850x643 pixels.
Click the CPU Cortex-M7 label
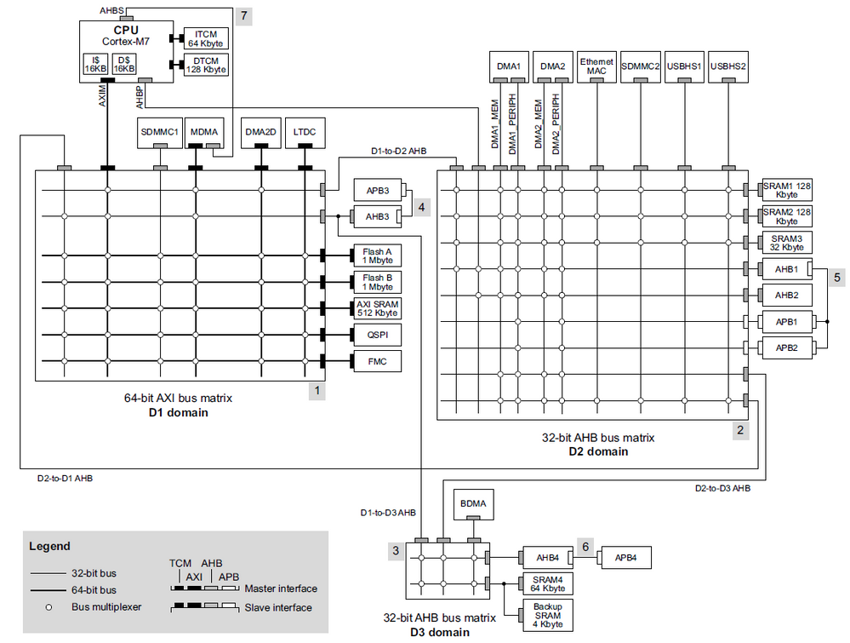pos(125,36)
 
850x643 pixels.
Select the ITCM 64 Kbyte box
pos(204,38)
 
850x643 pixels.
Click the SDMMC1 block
pos(159,132)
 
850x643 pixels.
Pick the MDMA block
pos(204,132)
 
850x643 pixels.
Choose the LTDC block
pos(304,132)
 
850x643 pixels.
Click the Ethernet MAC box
pos(596,66)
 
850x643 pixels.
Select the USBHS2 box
pos(727,66)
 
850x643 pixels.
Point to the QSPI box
pos(376,335)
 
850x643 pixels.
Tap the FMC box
pos(376,361)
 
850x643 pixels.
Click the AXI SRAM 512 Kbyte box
pos(376,308)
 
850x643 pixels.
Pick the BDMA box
pos(474,504)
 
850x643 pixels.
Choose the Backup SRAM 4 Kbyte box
pos(547,615)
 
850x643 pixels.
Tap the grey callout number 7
pos(243,16)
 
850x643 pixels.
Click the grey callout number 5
pos(837,277)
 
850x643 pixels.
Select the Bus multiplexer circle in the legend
pos(50,607)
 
